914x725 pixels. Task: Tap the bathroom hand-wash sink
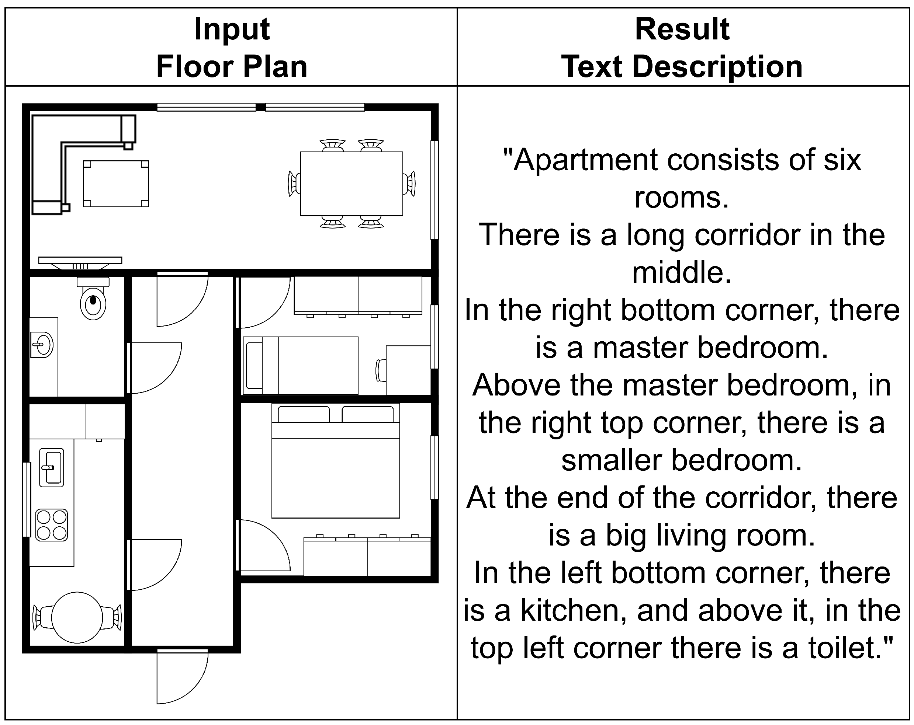click(42, 345)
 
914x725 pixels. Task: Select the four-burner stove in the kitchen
click(52, 525)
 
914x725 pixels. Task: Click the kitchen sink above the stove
click(51, 467)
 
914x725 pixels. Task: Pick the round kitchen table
click(77, 617)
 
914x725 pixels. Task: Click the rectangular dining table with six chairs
click(352, 184)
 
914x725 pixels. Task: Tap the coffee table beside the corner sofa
click(116, 184)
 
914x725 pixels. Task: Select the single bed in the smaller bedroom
click(301, 365)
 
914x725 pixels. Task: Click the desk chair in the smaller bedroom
click(381, 370)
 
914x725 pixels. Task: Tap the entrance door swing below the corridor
click(182, 677)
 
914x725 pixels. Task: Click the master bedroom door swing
click(263, 546)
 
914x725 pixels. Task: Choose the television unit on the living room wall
click(80, 263)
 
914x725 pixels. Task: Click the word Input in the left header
click(232, 29)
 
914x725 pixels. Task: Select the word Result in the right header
click(682, 29)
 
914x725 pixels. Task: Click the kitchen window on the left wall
click(27, 499)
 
